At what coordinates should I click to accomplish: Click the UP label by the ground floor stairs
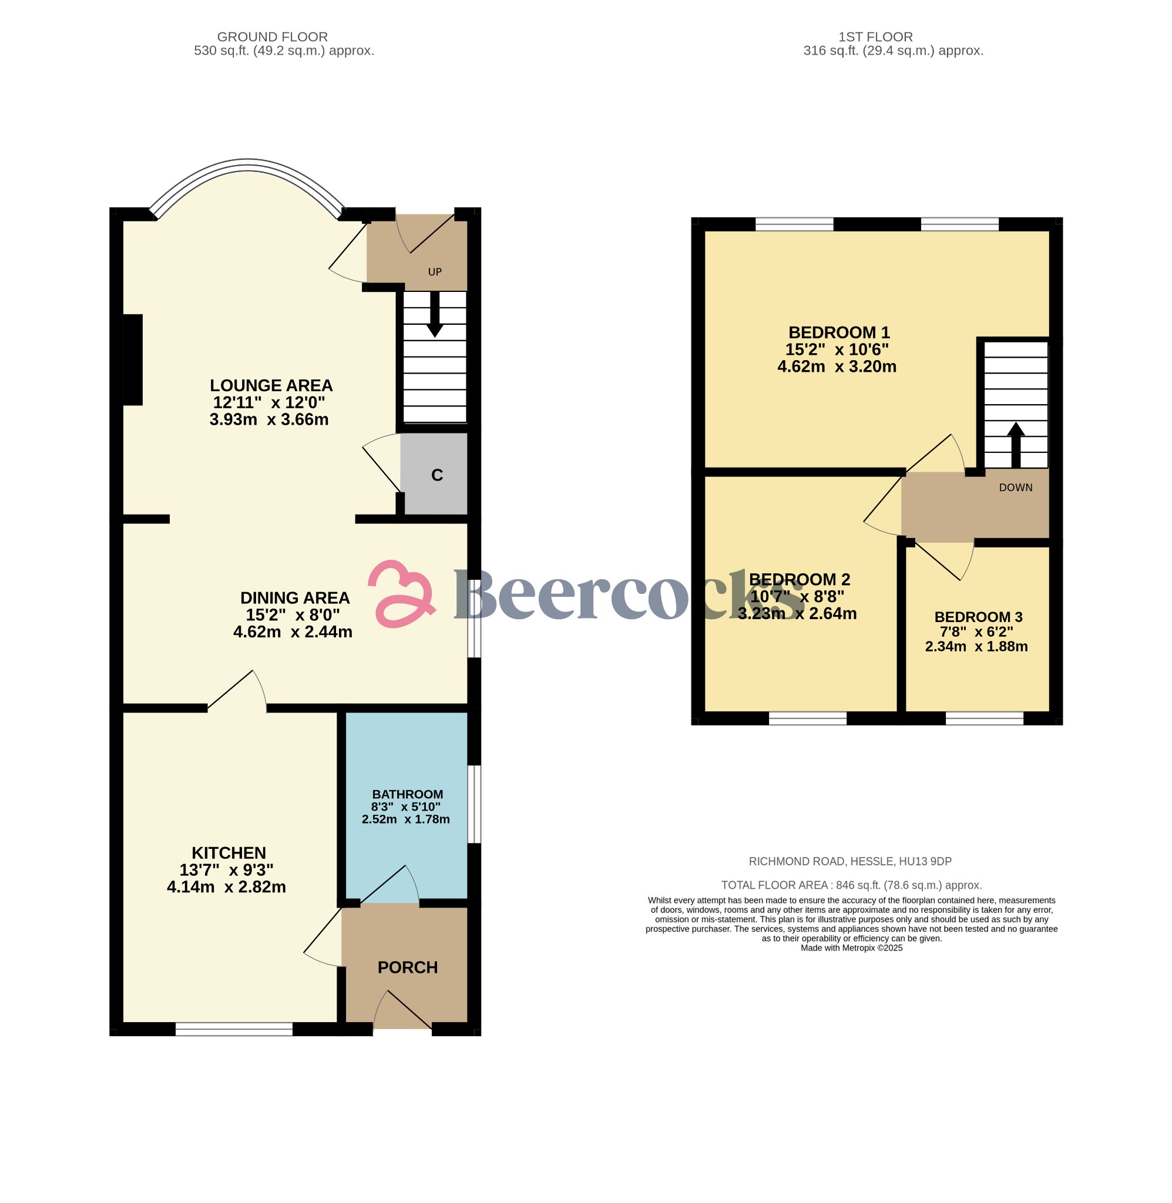435,272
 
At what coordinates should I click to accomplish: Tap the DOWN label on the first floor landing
1016,488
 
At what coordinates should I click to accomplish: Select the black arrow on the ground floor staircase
435,314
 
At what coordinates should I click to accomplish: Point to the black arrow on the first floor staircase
1016,445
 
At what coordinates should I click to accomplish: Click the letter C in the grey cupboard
437,475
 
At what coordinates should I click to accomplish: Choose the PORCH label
408,967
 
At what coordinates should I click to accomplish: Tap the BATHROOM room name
408,794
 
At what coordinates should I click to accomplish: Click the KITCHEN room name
229,853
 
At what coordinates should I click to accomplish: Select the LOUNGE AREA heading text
271,385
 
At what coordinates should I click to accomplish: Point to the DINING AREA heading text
295,597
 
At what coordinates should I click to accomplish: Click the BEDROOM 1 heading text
839,332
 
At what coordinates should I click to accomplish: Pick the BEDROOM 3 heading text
978,617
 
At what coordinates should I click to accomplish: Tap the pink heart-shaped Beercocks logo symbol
402,593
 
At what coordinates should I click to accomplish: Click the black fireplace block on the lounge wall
133,360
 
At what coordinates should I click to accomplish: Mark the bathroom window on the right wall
474,804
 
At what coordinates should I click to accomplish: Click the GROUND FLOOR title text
272,37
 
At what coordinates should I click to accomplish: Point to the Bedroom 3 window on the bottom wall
984,718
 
